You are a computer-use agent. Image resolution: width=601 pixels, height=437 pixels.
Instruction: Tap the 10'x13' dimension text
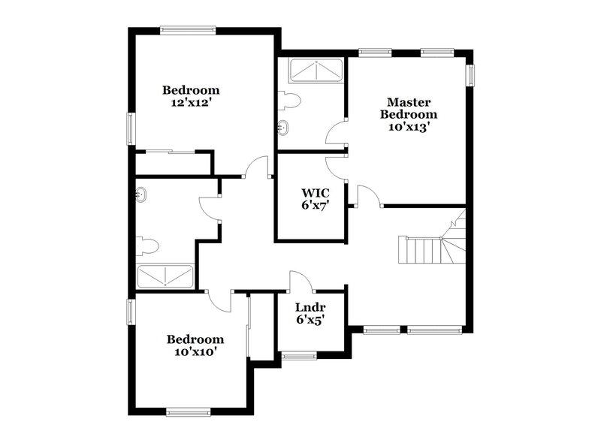(x=409, y=127)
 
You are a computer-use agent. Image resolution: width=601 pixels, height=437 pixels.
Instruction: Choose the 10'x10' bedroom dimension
(x=195, y=351)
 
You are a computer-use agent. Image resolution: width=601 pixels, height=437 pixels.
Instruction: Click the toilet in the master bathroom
(x=288, y=100)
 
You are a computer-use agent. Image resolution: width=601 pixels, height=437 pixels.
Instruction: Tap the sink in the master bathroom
(x=283, y=126)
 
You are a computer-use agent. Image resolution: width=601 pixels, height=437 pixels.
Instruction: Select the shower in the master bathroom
(x=315, y=72)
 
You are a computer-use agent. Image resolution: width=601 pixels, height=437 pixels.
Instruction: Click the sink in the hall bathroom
(x=141, y=196)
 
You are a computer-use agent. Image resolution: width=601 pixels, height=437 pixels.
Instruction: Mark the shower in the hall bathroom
(x=166, y=277)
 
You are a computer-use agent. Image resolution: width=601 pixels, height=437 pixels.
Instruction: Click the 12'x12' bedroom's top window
(x=189, y=30)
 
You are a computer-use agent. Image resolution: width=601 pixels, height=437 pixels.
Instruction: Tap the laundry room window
(x=300, y=355)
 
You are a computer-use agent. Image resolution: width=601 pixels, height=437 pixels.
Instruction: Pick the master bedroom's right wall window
(x=472, y=76)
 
